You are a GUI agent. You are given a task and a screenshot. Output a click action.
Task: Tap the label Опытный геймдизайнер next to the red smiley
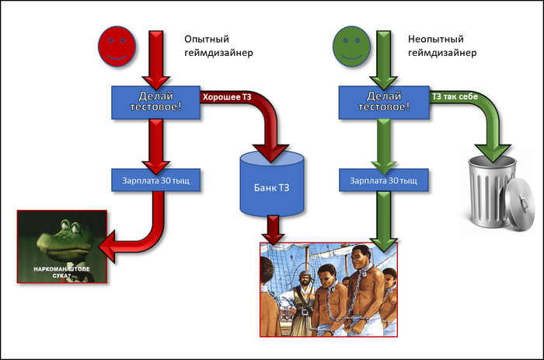(218, 45)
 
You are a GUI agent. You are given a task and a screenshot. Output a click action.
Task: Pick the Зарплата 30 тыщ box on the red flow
(156, 180)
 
